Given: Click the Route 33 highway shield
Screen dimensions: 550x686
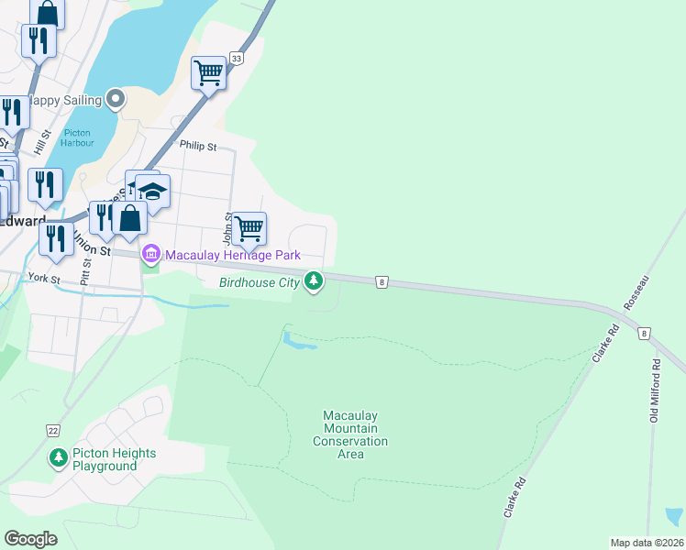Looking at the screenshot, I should coord(238,59).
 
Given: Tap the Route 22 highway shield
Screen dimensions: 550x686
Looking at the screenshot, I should coord(54,430).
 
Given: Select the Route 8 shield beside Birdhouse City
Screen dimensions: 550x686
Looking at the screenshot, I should coord(381,282).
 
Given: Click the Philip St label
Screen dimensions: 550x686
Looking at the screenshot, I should coord(198,146).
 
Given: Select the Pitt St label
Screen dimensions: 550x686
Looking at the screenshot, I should coord(85,272).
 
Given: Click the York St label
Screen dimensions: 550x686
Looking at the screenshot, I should coord(43,277).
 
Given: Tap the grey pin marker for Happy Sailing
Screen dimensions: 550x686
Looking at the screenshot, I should coord(115,98).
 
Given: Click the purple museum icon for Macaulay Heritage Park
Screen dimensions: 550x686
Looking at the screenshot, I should coord(150,253).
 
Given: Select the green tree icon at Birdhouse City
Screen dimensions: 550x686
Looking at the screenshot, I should coord(315,280).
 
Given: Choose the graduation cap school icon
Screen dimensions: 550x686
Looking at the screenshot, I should coord(153,191).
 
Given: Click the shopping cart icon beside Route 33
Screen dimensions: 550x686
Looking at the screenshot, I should coord(209,72).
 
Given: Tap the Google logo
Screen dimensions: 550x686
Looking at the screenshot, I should coord(31,538).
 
